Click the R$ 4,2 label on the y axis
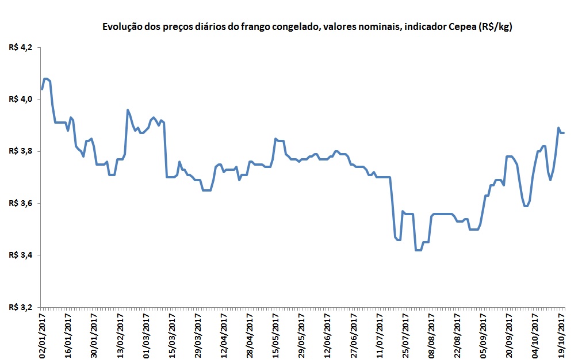tap(21, 47)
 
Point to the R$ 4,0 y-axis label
tap(21, 99)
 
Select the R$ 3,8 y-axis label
tap(21, 151)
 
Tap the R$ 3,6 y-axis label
tap(21, 203)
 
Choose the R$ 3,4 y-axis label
tap(21, 255)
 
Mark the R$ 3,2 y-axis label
tap(21, 307)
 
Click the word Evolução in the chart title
tap(120, 26)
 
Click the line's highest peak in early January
tap(46, 79)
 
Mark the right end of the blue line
tap(564, 133)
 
